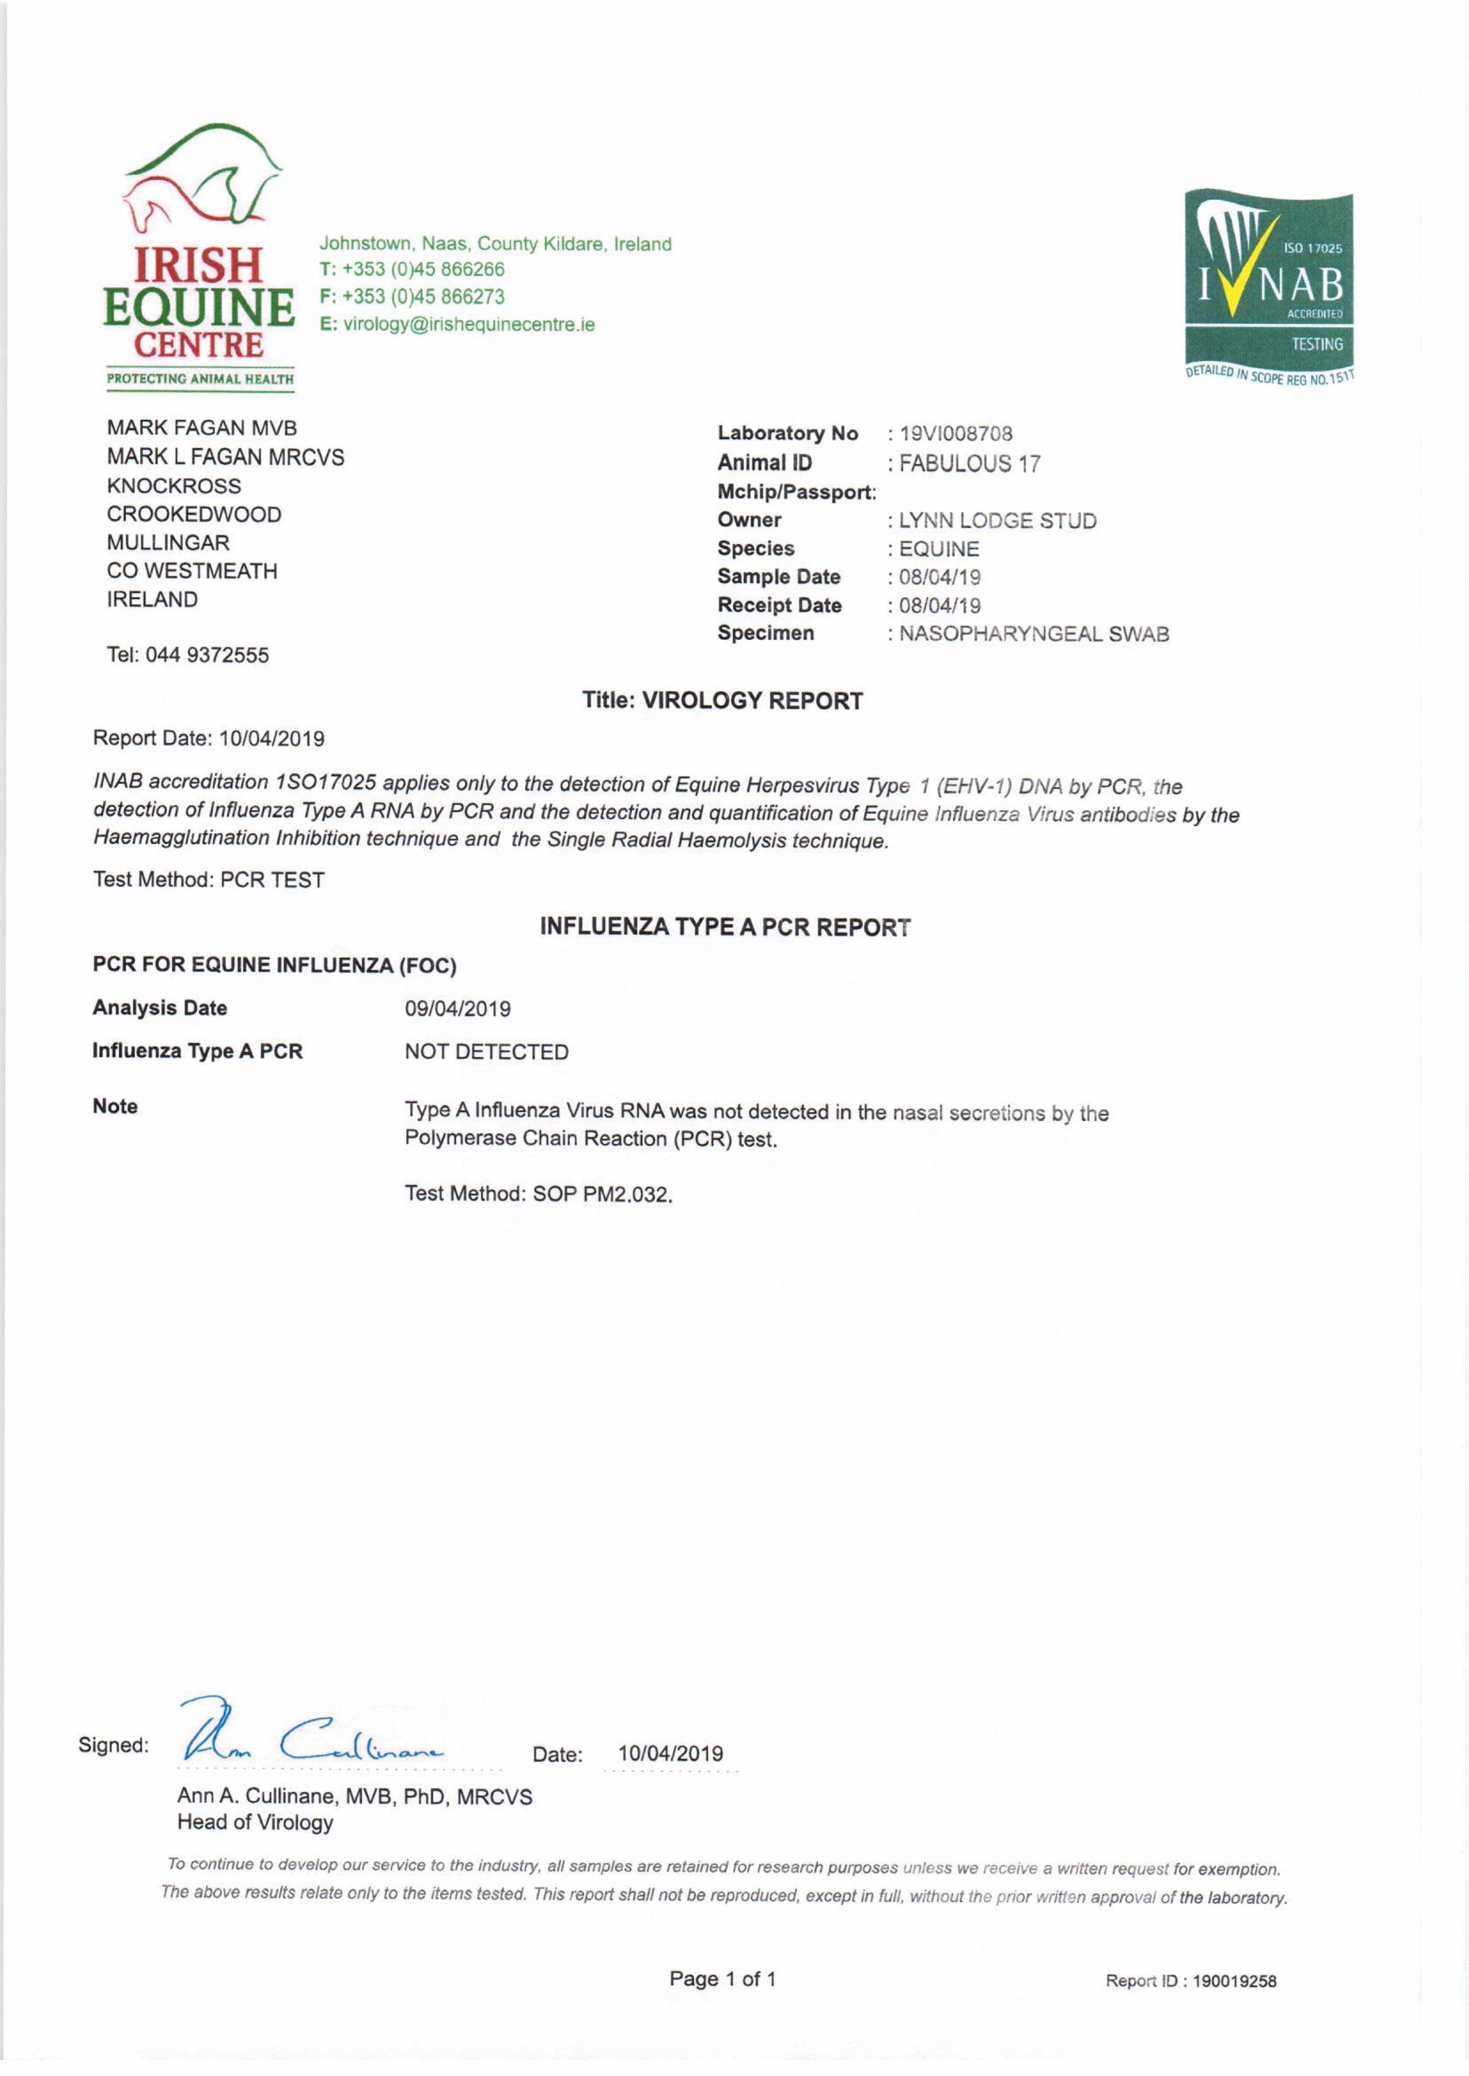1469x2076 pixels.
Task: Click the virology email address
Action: tap(469, 325)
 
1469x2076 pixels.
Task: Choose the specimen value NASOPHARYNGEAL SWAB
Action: tap(1033, 634)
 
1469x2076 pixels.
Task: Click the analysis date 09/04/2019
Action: tap(458, 1009)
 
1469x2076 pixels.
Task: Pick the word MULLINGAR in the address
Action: tap(168, 543)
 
